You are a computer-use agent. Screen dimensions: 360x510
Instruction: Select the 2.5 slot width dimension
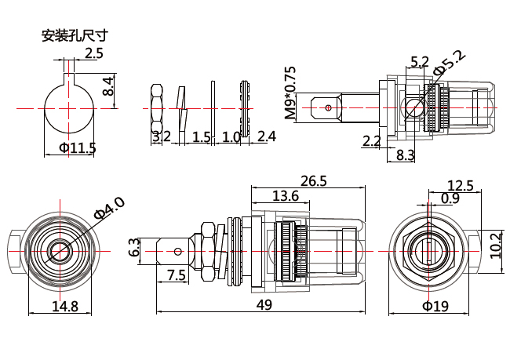pyautogui.click(x=93, y=53)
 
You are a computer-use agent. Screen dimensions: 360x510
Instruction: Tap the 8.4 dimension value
pyautogui.click(x=109, y=86)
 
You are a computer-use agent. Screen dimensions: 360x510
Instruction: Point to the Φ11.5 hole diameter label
pyautogui.click(x=71, y=147)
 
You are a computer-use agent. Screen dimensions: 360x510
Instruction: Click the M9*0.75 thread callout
pyautogui.click(x=290, y=93)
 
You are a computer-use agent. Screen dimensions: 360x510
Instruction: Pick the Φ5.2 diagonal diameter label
pyautogui.click(x=449, y=62)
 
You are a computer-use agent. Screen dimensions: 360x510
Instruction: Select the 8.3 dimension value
pyautogui.click(x=405, y=155)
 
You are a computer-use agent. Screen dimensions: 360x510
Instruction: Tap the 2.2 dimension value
pyautogui.click(x=371, y=141)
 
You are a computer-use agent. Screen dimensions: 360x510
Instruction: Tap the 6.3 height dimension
pyautogui.click(x=134, y=249)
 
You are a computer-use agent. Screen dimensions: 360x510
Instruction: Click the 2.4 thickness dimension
pyautogui.click(x=266, y=136)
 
